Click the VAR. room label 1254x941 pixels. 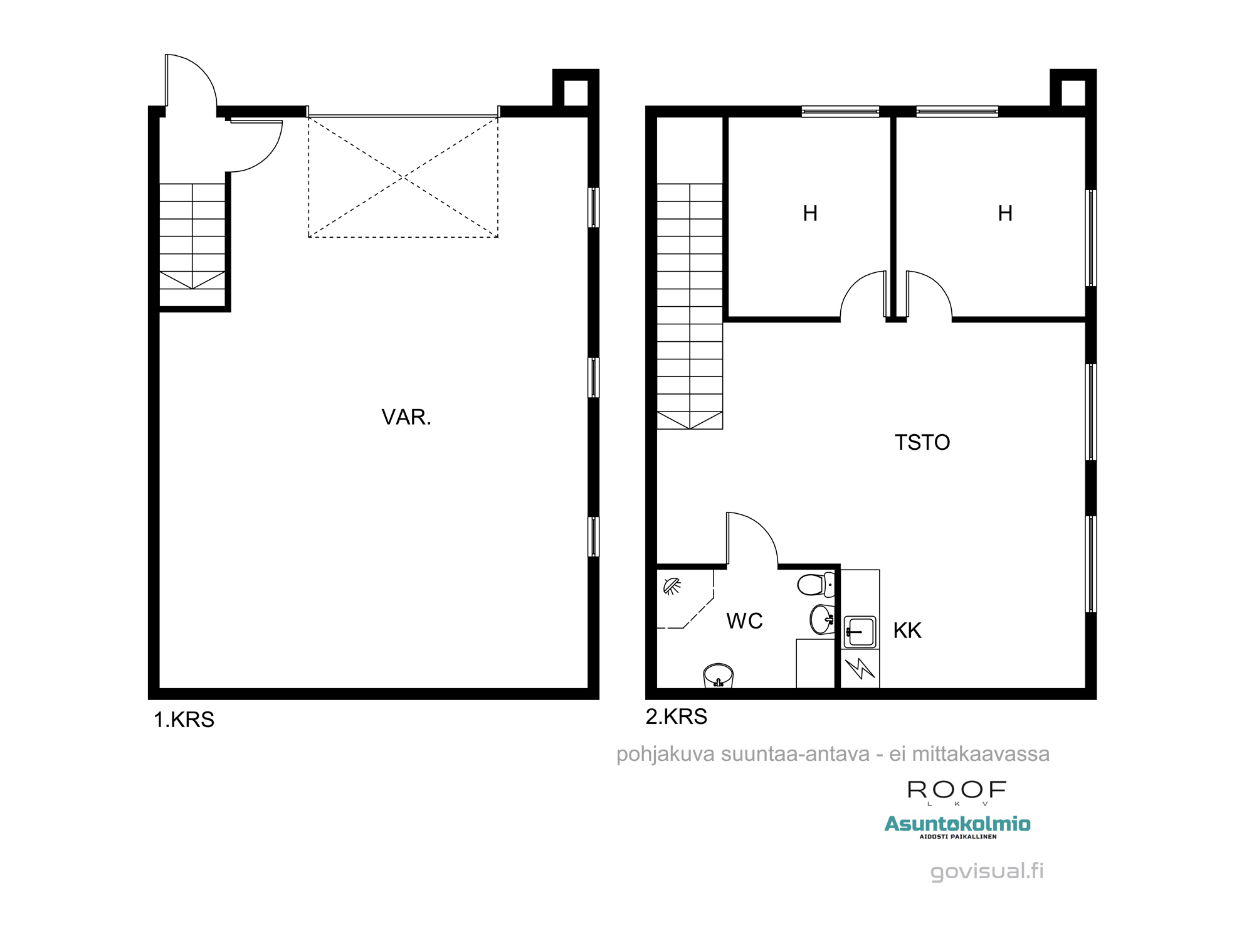point(406,417)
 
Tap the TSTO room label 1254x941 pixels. point(922,443)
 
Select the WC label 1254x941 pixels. point(744,621)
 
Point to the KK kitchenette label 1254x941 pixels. point(907,630)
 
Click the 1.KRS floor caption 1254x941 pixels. point(184,720)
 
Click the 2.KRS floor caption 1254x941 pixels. point(677,716)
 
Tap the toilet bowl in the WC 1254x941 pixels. point(816,585)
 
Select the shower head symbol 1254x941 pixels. point(672,586)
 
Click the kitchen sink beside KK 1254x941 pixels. point(860,632)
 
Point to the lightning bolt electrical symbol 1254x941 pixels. point(860,668)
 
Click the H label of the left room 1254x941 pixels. point(810,213)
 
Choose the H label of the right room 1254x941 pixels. point(1005,213)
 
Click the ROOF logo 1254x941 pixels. point(957,792)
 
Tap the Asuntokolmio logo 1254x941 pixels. point(957,826)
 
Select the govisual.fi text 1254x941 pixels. point(987,871)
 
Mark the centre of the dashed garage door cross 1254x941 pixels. point(403,178)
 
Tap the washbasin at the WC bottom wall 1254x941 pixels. point(719,676)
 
